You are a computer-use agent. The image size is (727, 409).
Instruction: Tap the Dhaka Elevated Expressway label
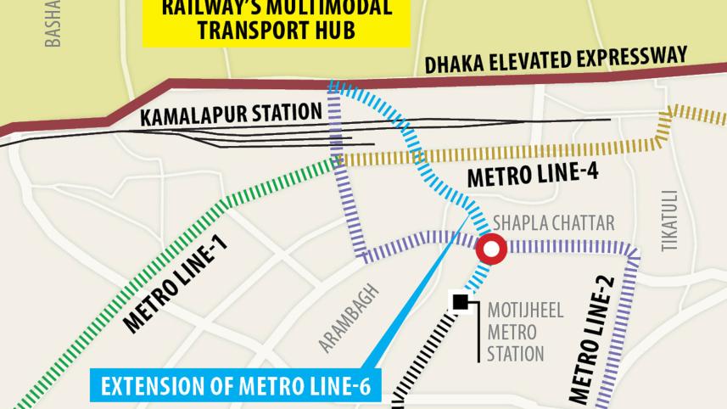[x=556, y=59]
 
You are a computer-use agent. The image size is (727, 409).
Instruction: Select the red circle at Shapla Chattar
[x=490, y=250]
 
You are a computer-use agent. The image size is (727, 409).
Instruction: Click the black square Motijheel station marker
[x=460, y=301]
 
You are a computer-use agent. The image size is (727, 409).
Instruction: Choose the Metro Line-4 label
[x=533, y=176]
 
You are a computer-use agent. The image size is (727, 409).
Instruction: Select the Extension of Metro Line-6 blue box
[x=236, y=387]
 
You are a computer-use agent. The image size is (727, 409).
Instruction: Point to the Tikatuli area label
[x=669, y=219]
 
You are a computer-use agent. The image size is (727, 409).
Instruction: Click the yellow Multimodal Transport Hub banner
[x=276, y=21]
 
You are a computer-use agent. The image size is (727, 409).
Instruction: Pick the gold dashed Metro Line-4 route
[x=509, y=154]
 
